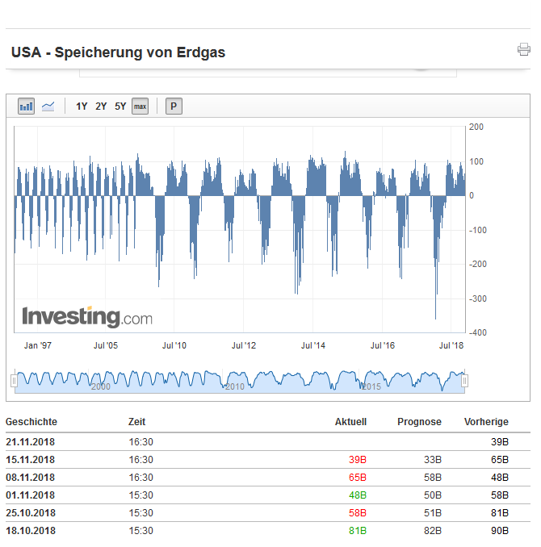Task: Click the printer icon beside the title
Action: [524, 50]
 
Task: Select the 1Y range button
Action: [82, 106]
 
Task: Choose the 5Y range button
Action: [120, 106]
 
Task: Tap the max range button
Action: [140, 106]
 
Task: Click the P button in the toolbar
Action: [174, 106]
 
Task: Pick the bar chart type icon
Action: [27, 106]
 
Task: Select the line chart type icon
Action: [48, 106]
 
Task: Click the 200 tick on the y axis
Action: [476, 127]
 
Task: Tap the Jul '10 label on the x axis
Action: [174, 345]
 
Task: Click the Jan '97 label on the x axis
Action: [38, 345]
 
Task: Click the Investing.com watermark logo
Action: [87, 316]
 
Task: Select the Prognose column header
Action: [419, 422]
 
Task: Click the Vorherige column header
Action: [486, 422]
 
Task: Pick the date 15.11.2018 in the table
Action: [31, 460]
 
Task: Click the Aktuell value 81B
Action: [357, 531]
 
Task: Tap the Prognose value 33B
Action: [433, 460]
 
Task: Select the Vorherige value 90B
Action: [500, 531]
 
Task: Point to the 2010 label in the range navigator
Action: [234, 387]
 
